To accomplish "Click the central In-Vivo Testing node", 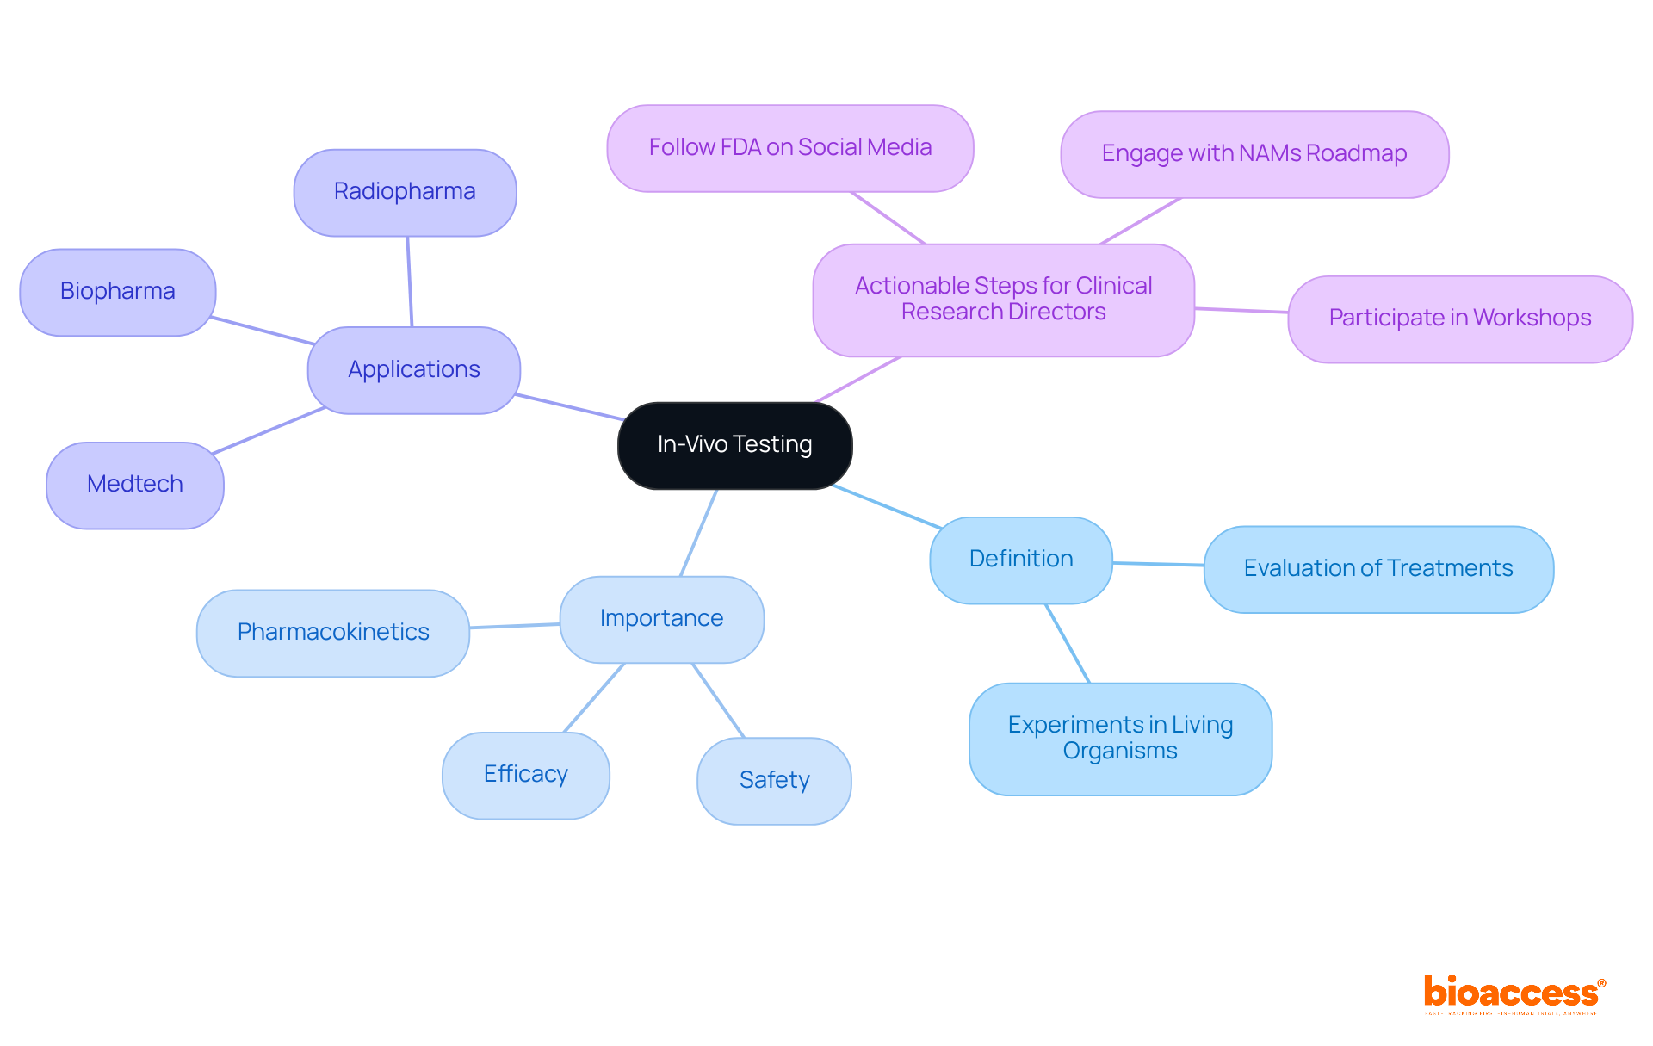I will pyautogui.click(x=734, y=445).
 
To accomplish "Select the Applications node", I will pyautogui.click(x=414, y=370).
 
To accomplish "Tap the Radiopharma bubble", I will pyautogui.click(x=405, y=192).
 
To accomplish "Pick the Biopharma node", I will pyautogui.click(x=118, y=292).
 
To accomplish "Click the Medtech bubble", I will pyautogui.click(x=135, y=485).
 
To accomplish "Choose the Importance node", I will pyautogui.click(x=661, y=619).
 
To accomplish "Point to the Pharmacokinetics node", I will pyautogui.click(x=333, y=633).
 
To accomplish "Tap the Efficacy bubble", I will pyautogui.click(x=525, y=775).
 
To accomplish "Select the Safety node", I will pyautogui.click(x=774, y=781).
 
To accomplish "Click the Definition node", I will pyautogui.click(x=1021, y=560).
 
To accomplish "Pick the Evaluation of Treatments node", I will pyautogui.click(x=1378, y=569).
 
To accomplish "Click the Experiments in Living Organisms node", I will pyautogui.click(x=1120, y=739).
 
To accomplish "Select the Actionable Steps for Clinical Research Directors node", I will pyautogui.click(x=1003, y=300).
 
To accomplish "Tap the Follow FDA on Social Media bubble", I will pyautogui.click(x=790, y=148).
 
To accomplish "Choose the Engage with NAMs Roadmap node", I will pyautogui.click(x=1254, y=154).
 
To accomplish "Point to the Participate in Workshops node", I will pyautogui.click(x=1460, y=319).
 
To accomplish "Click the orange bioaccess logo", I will pyautogui.click(x=1512, y=993).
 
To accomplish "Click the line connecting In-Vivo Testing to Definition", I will pyautogui.click(x=887, y=506).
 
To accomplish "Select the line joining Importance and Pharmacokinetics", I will pyautogui.click(x=515, y=626).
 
